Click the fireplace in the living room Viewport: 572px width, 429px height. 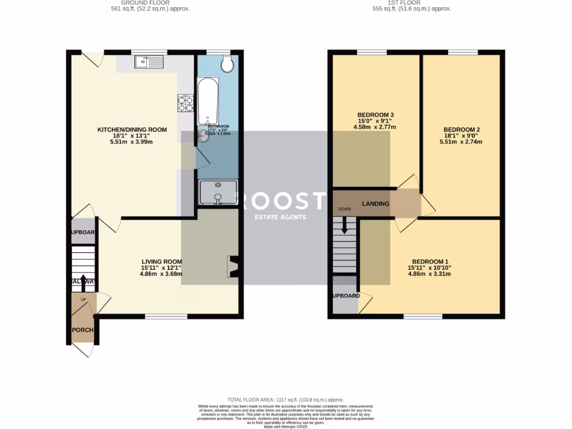point(233,266)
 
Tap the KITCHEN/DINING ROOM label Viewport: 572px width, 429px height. point(132,130)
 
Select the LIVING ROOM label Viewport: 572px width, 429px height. point(161,261)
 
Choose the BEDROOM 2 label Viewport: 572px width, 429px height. point(460,130)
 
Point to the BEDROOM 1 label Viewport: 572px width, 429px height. point(430,261)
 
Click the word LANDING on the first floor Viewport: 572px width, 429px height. point(375,204)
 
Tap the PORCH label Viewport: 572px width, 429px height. point(82,330)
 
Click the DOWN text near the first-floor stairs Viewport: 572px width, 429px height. point(344,210)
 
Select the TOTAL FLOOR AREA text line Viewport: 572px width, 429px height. point(285,400)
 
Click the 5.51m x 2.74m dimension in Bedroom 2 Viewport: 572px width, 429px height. point(460,142)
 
